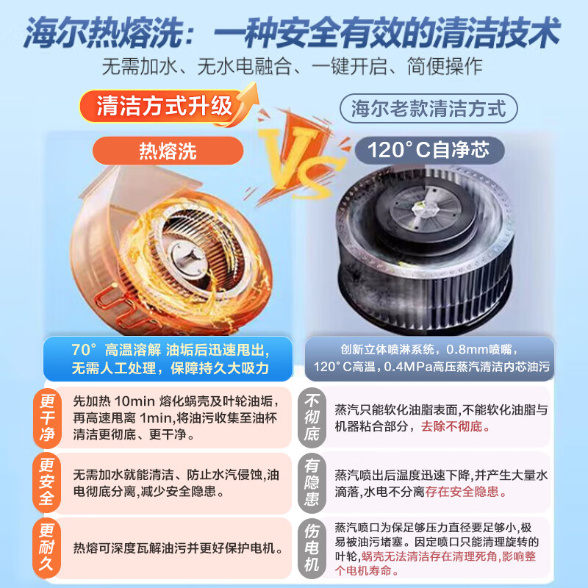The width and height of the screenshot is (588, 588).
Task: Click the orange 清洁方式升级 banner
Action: click(164, 107)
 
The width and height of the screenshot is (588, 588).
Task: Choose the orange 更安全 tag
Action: click(48, 482)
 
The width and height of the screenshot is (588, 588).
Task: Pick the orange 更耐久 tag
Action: click(48, 547)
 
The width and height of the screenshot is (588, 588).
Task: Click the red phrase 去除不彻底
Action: click(453, 426)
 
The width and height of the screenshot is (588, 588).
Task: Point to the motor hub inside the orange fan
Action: click(183, 254)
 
